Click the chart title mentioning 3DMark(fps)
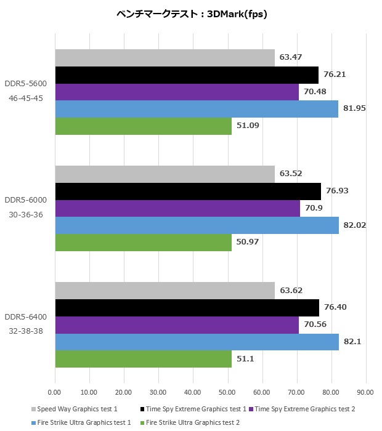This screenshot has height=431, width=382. (x=191, y=14)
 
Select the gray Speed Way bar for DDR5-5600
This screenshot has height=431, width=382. (x=165, y=58)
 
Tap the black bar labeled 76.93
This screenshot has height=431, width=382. (x=188, y=191)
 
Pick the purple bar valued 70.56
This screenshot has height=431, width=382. (x=177, y=324)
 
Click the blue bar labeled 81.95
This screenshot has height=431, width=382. (x=197, y=109)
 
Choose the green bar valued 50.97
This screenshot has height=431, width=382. (x=144, y=242)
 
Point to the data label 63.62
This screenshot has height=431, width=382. (x=291, y=290)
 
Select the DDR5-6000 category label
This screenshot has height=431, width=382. (x=25, y=200)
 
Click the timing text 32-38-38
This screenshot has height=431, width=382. (x=25, y=332)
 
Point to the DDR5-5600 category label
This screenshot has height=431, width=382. (x=25, y=85)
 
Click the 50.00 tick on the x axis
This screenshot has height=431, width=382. (x=228, y=392)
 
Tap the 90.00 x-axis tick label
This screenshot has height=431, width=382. (x=366, y=392)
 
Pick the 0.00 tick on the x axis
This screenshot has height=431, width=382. (x=55, y=392)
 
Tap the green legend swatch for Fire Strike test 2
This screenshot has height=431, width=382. (x=144, y=422)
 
